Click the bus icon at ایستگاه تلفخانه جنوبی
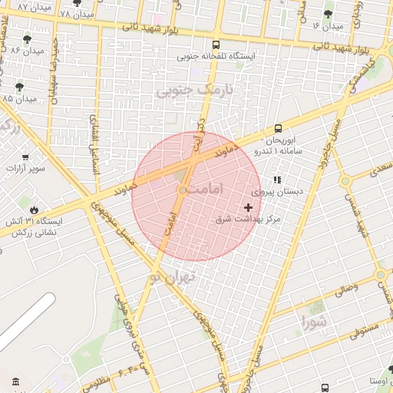[216, 45]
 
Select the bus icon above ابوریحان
[277, 129]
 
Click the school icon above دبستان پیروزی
[277, 179]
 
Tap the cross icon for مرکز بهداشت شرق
[248, 207]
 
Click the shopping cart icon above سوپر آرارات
[25, 157]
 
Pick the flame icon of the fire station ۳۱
[33, 209]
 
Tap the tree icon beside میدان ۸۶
[28, 38]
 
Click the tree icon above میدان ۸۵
[19, 87]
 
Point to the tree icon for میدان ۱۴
[329, 14]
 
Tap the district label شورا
[313, 320]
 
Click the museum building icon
[16, 381]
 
